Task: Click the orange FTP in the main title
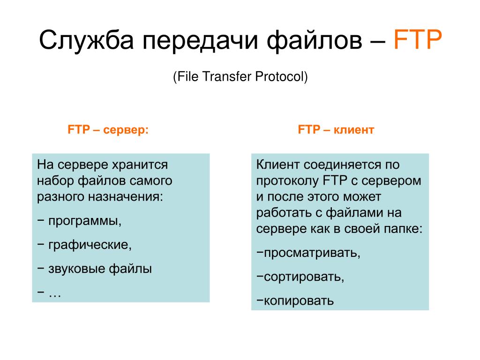tap(418, 39)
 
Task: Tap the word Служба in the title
tap(87, 40)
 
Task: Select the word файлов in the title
tap(315, 40)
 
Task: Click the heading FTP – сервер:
tap(108, 130)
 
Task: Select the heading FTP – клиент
tap(336, 130)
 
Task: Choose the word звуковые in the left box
tap(76, 269)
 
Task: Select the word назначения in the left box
tap(126, 197)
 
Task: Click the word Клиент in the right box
tap(277, 165)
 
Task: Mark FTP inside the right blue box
tap(335, 180)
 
